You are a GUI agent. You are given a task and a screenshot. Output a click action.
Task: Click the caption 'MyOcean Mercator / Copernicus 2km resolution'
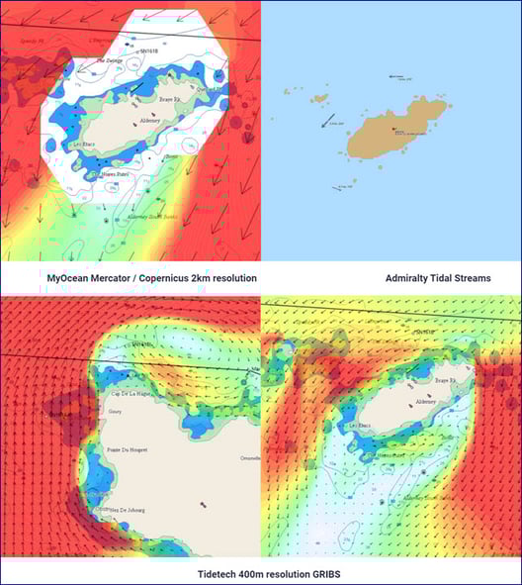point(151,278)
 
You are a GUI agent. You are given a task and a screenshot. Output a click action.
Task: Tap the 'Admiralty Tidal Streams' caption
point(438,278)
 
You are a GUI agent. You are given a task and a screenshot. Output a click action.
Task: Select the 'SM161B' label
point(148,49)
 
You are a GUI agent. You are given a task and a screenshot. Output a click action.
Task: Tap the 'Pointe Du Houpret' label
point(127,449)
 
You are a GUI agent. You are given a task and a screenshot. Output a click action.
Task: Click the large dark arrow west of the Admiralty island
point(329,121)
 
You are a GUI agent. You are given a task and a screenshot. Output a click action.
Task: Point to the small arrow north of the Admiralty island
point(397,76)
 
